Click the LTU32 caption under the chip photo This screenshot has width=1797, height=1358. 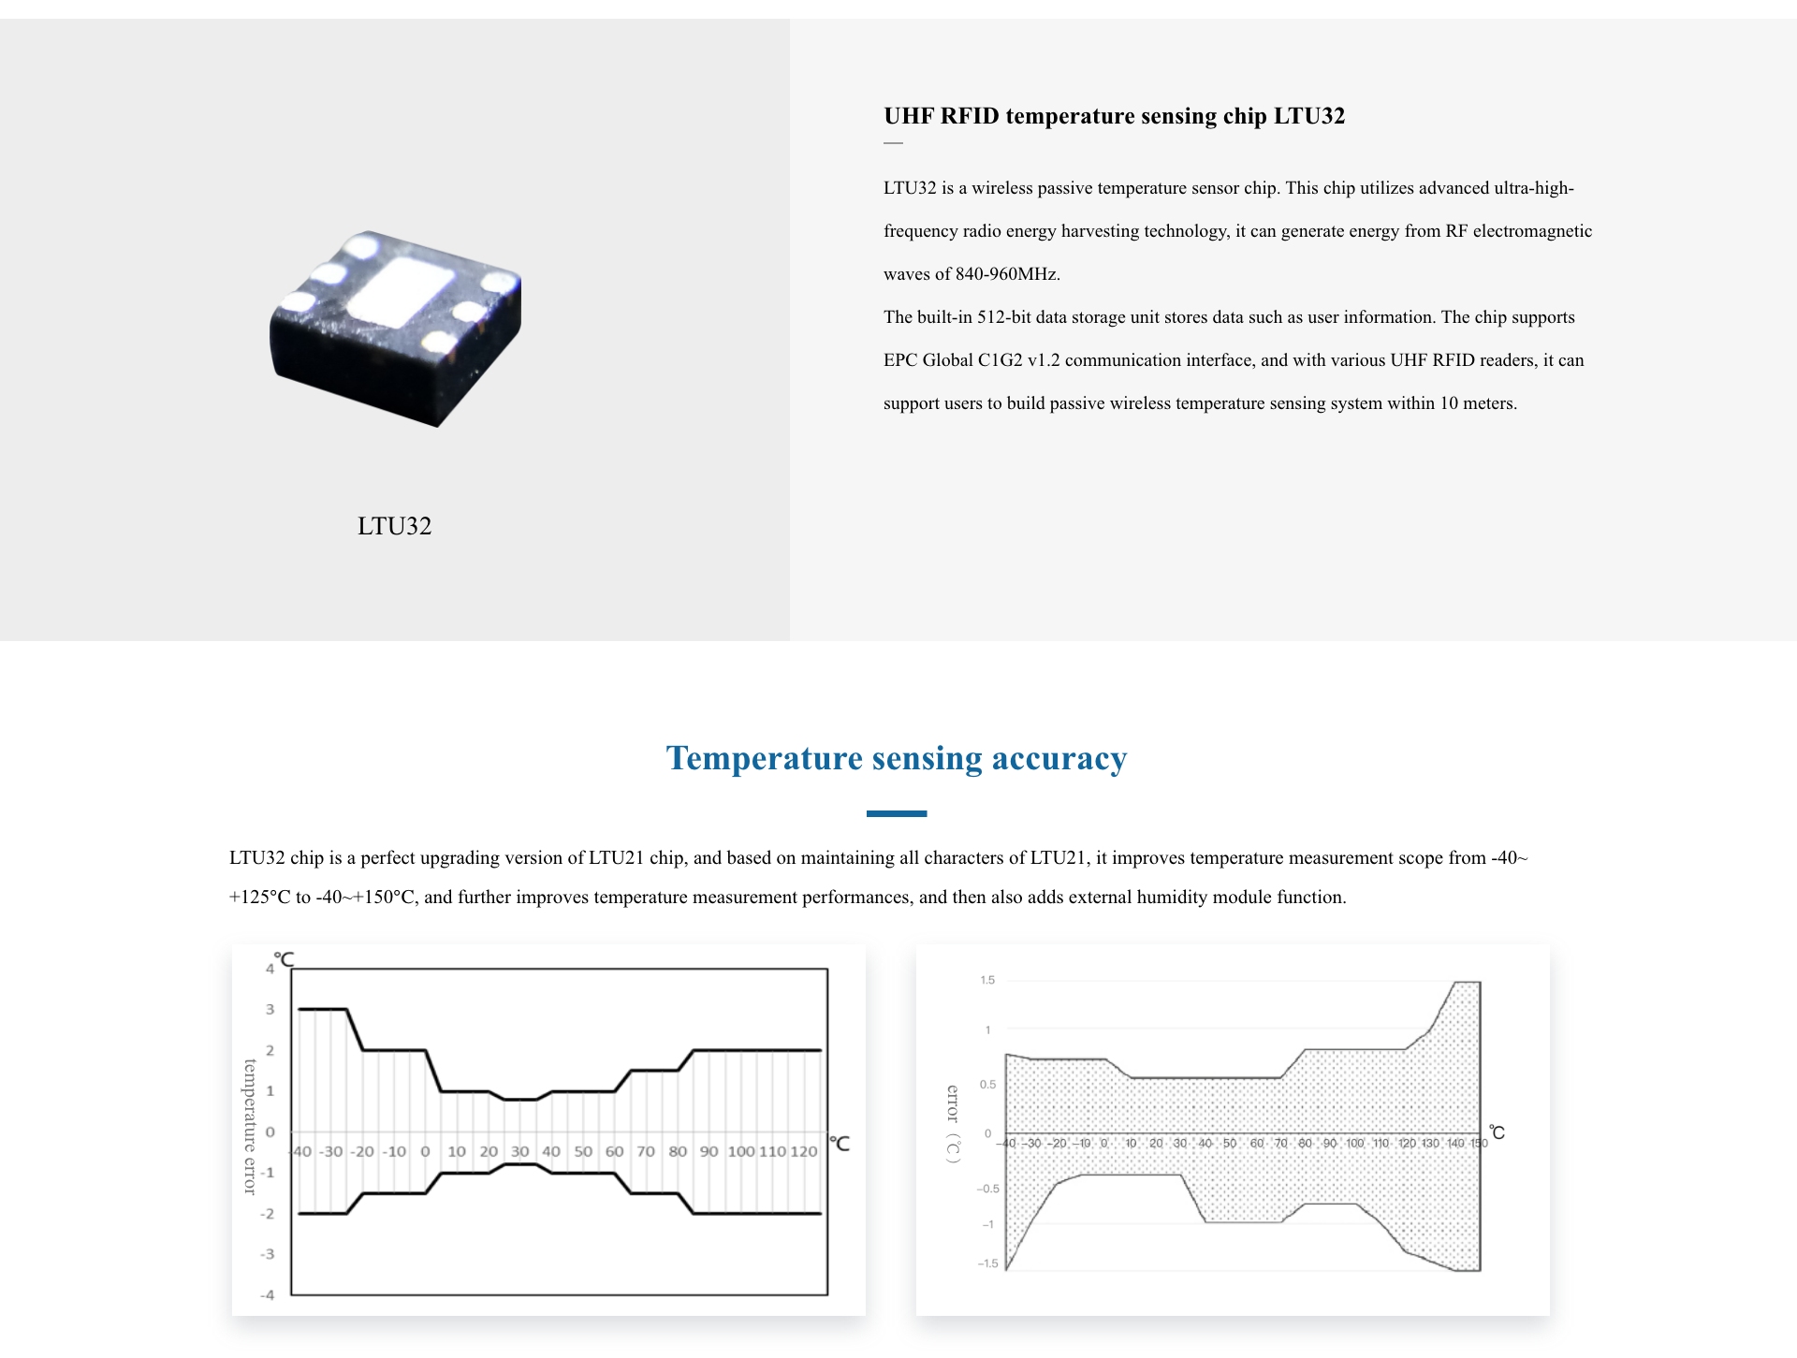(x=394, y=526)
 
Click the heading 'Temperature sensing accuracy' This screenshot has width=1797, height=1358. (x=896, y=758)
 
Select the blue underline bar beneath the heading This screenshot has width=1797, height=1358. (x=896, y=814)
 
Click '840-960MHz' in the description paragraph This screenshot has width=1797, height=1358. (x=1006, y=274)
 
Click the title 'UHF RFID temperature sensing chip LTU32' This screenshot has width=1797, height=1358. (x=1114, y=116)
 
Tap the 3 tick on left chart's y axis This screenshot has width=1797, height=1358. (x=270, y=1010)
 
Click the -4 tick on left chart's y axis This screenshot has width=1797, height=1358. (x=268, y=1295)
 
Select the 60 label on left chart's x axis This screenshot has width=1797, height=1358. (x=614, y=1152)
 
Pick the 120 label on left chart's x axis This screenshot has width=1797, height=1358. (x=803, y=1152)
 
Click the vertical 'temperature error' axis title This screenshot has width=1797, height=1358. (x=250, y=1127)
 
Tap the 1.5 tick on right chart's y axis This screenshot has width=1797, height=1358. (x=987, y=981)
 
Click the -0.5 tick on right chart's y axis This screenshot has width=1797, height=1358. (x=987, y=1190)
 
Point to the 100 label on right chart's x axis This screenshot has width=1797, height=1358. (x=1354, y=1144)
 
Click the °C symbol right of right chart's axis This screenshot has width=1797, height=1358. (x=1497, y=1133)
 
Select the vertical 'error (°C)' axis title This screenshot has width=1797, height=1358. (x=953, y=1124)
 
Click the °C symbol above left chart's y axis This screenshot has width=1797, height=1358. (x=285, y=959)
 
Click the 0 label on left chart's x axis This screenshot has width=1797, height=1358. (x=425, y=1152)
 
